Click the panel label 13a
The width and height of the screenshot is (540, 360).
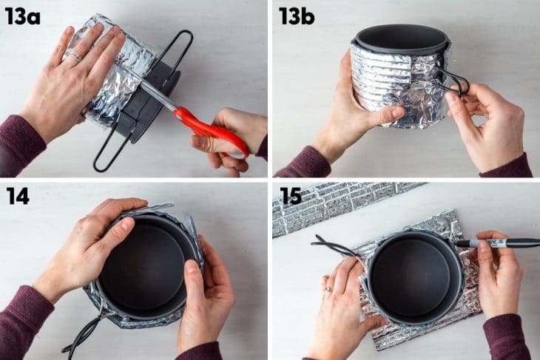[21, 16]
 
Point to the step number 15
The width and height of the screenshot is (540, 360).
[292, 197]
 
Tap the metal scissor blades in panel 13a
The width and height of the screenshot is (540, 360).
[152, 93]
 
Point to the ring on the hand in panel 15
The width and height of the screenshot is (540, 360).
[327, 289]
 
